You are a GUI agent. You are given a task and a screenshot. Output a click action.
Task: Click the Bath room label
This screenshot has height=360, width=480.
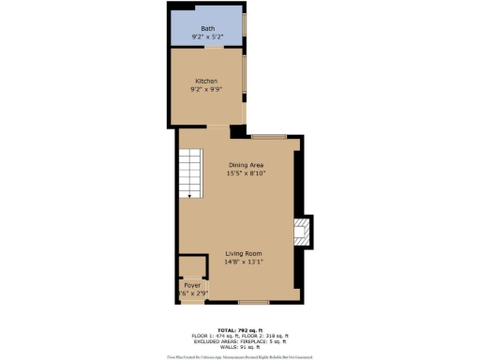pos(206,29)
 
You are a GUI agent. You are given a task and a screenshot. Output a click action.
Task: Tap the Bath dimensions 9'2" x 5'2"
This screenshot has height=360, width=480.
pos(206,37)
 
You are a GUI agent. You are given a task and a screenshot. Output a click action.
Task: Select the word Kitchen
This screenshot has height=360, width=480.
pos(206,82)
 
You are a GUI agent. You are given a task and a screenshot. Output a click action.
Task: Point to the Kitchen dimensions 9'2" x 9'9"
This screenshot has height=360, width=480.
pos(206,90)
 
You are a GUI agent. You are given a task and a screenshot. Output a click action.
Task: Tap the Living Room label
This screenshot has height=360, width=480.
pos(243,254)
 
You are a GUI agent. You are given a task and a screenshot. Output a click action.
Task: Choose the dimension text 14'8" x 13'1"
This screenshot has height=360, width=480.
pos(243,262)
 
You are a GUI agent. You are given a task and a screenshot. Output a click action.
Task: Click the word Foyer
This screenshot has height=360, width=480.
pos(192,284)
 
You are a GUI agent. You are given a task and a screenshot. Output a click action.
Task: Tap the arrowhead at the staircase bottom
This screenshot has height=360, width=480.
pos(190,196)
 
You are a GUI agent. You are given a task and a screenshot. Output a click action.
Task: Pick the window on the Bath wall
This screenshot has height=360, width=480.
pos(246,26)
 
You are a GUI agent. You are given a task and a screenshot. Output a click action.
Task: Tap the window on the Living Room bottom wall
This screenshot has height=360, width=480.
pos(253,302)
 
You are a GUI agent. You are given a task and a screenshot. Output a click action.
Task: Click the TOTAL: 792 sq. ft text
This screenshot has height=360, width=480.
pos(240,330)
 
